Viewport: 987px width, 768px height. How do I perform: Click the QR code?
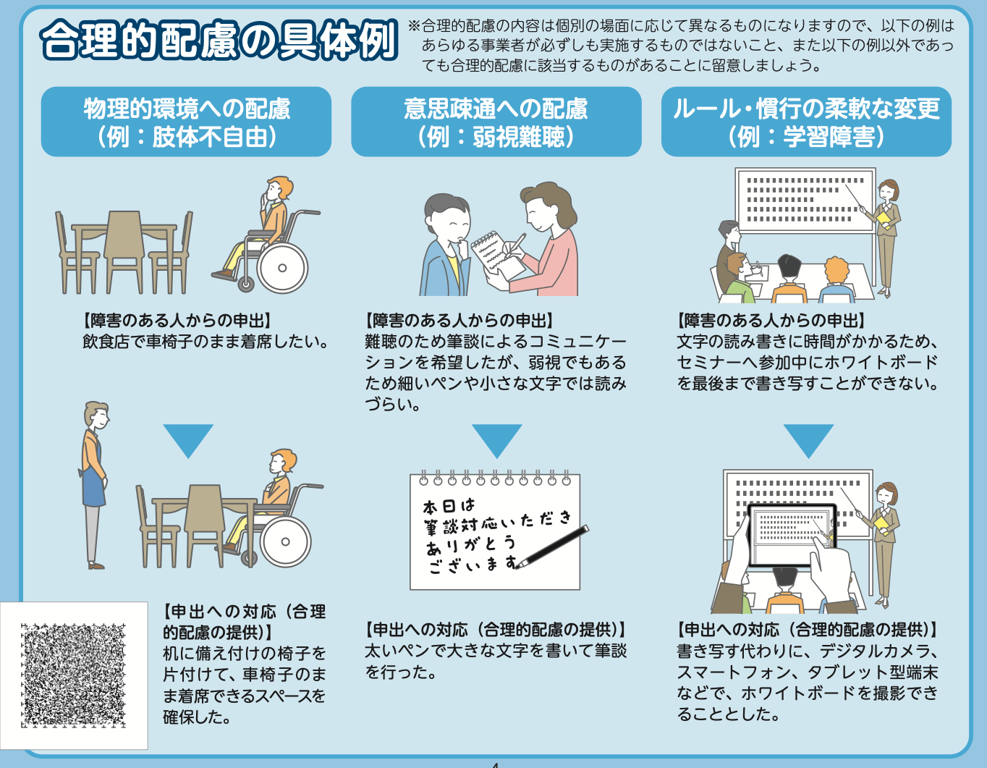coord(73,675)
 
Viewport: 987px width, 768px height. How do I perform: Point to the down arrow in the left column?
coord(188,439)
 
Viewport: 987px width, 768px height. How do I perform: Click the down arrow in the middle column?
coord(496,439)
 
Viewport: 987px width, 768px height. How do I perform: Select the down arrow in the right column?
coord(808,439)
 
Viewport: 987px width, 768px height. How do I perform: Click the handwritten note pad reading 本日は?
coord(494,532)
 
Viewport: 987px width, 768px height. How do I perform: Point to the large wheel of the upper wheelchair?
coord(283,267)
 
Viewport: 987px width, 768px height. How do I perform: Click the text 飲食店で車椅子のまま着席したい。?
coord(206,342)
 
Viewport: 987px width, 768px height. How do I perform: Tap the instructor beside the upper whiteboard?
coord(886,235)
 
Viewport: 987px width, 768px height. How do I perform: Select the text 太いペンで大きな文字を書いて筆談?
coord(495,651)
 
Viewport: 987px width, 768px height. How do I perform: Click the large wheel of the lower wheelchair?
coord(286,541)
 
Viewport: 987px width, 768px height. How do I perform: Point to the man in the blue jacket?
coord(445,250)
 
